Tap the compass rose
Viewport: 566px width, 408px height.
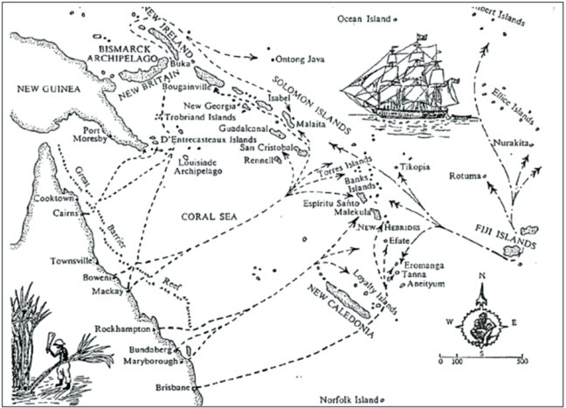[x=480, y=318]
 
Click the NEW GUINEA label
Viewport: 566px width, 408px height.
[x=44, y=89]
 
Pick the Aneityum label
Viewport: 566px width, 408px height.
[x=428, y=284]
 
